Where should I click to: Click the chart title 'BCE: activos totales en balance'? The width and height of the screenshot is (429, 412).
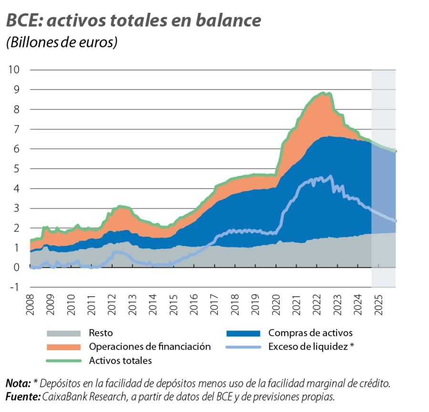point(133,21)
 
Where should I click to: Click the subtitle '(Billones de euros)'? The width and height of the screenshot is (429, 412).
point(61,42)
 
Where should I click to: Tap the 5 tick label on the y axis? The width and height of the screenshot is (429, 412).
point(16,169)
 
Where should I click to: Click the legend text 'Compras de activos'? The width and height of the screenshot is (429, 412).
point(310,333)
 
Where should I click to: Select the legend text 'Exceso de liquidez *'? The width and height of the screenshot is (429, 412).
point(311,347)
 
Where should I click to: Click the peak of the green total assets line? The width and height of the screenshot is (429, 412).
point(323,93)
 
